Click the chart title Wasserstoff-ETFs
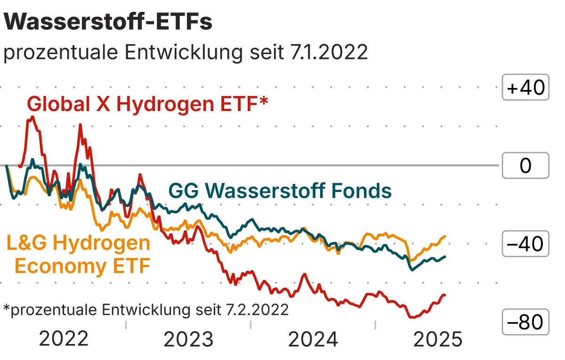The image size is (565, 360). [108, 22]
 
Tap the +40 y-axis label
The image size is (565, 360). [525, 88]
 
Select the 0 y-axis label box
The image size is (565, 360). [525, 166]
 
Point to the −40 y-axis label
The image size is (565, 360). [525, 244]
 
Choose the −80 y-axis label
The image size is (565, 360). [525, 322]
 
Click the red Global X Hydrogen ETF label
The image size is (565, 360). [144, 104]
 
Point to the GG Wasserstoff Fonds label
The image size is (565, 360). [280, 191]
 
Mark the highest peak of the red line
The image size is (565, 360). [32, 116]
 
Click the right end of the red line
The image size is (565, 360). [444, 295]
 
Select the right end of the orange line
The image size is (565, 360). [445, 236]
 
